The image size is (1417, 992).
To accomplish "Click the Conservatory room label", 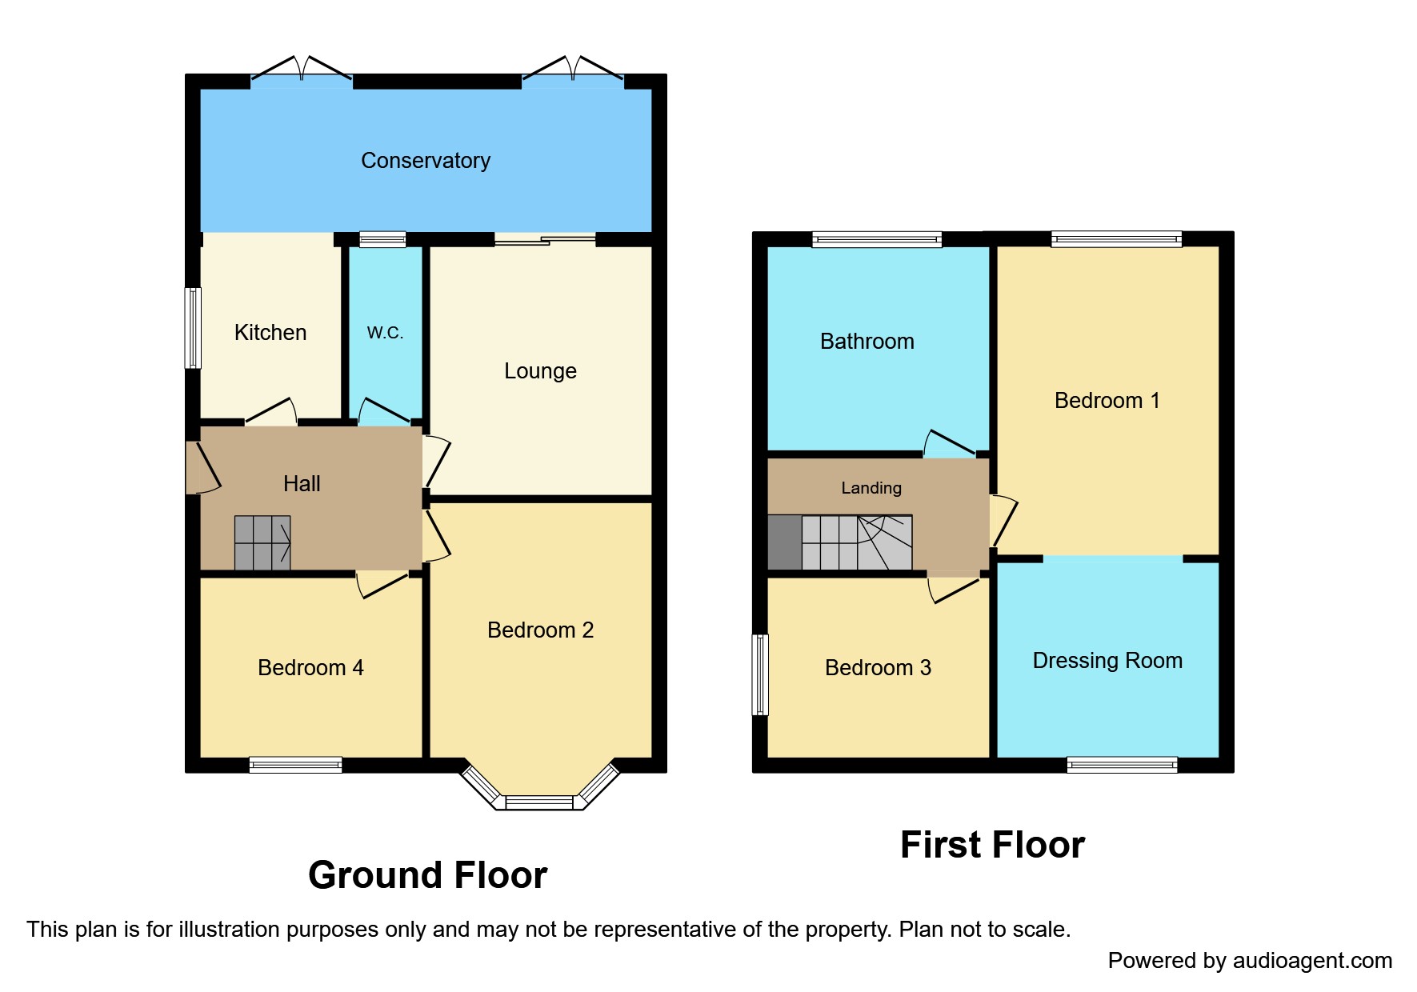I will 425,161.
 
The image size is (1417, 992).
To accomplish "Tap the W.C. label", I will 385,333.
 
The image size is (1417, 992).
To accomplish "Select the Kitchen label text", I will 270,333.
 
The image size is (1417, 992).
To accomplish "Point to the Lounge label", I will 540,371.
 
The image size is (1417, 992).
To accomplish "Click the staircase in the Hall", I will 262,543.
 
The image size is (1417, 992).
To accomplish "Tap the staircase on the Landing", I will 856,543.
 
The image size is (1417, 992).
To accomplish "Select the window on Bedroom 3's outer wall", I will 760,674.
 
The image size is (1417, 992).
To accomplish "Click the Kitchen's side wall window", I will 193,328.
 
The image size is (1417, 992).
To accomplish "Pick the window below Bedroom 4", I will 295,765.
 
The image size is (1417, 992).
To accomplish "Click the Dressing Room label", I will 1107,661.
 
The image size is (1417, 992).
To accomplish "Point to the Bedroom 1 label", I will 1107,401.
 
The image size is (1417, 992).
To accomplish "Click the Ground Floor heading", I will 427,875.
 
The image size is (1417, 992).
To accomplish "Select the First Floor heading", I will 992,845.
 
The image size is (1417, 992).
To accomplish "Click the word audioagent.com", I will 1311,961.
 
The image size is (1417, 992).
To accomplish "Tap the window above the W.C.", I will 382,239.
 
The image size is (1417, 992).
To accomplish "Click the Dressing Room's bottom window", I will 1122,765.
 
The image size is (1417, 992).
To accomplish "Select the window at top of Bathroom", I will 877,239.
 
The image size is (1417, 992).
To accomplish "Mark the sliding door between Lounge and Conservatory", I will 545,239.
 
